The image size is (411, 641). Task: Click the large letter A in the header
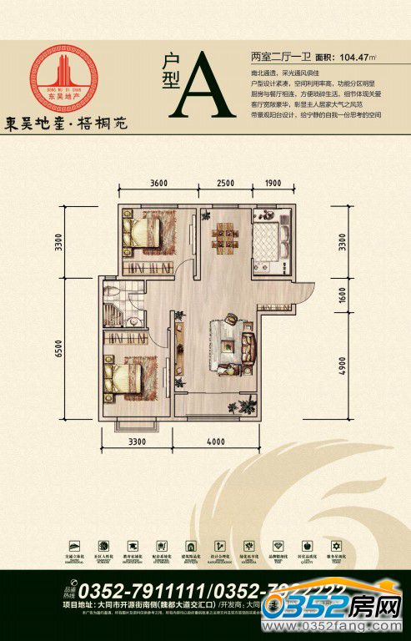pos(203,85)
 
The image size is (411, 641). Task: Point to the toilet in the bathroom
pos(113,294)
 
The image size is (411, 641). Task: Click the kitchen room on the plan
pos(272,241)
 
